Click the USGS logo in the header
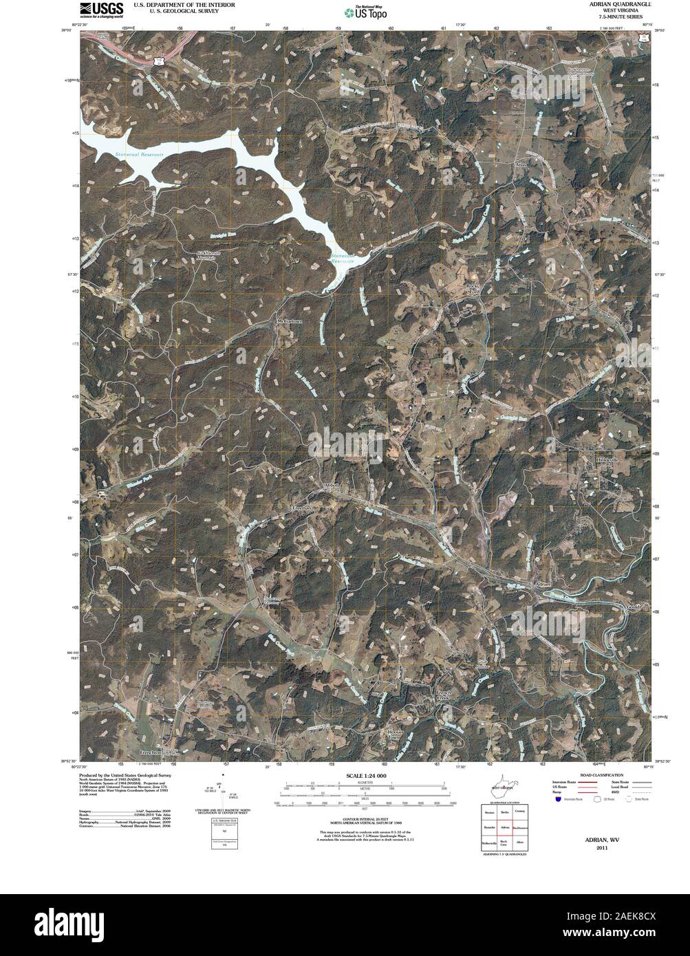click(x=102, y=9)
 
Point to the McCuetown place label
click(x=290, y=321)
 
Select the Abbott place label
click(x=332, y=485)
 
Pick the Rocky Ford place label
click(x=472, y=287)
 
